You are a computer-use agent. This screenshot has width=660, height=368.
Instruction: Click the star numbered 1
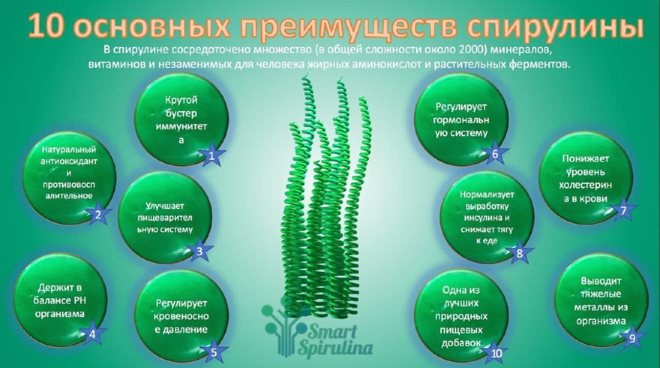(211, 155)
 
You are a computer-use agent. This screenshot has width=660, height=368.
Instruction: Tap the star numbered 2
(98, 214)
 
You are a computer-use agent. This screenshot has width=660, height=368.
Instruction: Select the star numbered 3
(200, 251)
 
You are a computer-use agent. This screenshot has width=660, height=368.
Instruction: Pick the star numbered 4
(92, 334)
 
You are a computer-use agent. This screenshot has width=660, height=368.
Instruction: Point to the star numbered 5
(214, 352)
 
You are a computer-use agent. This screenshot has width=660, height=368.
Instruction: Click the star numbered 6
(495, 154)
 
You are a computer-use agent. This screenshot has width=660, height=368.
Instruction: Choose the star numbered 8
(519, 253)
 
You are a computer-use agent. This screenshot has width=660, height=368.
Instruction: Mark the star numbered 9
(632, 338)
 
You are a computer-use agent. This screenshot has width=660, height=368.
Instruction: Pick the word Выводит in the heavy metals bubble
(601, 280)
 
